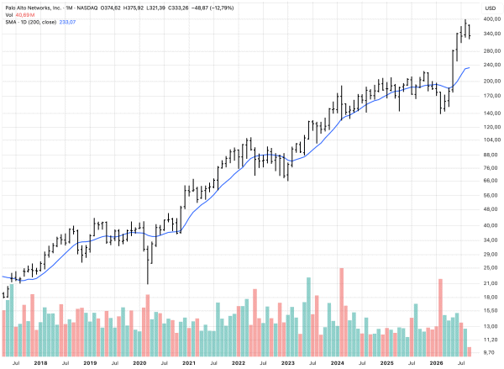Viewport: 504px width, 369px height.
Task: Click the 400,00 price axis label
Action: tap(491, 19)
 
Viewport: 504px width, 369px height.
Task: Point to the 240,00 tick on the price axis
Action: tap(491, 65)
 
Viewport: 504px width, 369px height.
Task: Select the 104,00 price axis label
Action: tap(491, 140)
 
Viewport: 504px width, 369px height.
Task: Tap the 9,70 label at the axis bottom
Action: tap(491, 352)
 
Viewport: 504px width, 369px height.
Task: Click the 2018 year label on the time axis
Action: tap(40, 363)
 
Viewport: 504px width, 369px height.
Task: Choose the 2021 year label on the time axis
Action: tap(189, 363)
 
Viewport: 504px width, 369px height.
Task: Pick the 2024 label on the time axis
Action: tap(337, 363)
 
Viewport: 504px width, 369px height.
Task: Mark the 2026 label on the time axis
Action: tap(436, 363)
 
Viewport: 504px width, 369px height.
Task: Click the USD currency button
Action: tap(491, 8)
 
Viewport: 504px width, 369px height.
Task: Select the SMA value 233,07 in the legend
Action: tap(67, 22)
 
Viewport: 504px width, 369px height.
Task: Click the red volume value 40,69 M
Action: tap(25, 15)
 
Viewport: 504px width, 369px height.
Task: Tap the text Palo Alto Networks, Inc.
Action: tap(34, 8)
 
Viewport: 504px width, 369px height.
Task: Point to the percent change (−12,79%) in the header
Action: tap(222, 8)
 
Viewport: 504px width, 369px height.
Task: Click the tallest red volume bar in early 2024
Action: tap(341, 313)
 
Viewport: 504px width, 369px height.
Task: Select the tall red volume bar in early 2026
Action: tap(440, 318)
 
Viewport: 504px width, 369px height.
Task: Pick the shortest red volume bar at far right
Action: tap(470, 352)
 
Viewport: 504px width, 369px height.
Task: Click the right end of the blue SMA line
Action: tap(470, 67)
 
